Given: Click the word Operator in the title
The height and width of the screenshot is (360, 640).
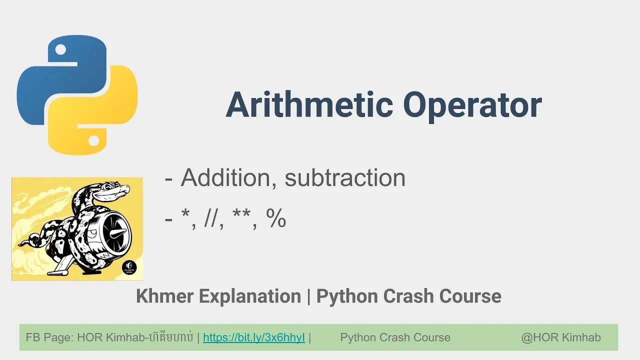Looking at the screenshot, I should coord(472,104).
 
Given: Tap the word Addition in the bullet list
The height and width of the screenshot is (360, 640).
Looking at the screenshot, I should coord(225,177).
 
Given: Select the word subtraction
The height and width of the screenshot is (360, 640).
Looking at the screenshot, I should coord(345,177).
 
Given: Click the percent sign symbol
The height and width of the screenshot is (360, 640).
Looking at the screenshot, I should coord(276,218).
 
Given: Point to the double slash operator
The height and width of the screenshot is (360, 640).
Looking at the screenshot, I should coord(213,218).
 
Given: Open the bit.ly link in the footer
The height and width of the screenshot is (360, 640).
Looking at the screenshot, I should coord(254,337).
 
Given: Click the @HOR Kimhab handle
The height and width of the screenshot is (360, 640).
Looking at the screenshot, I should coord(561,337).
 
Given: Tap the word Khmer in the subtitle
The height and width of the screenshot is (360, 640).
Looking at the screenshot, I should coord(164,296).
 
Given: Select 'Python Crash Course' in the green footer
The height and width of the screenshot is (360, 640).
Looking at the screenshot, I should coord(395,337).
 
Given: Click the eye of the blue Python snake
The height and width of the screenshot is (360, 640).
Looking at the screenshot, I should coord(60,49).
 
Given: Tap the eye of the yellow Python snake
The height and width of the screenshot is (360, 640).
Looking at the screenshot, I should coord(93,140).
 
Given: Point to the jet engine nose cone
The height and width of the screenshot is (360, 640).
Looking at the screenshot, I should coord(117,233).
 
